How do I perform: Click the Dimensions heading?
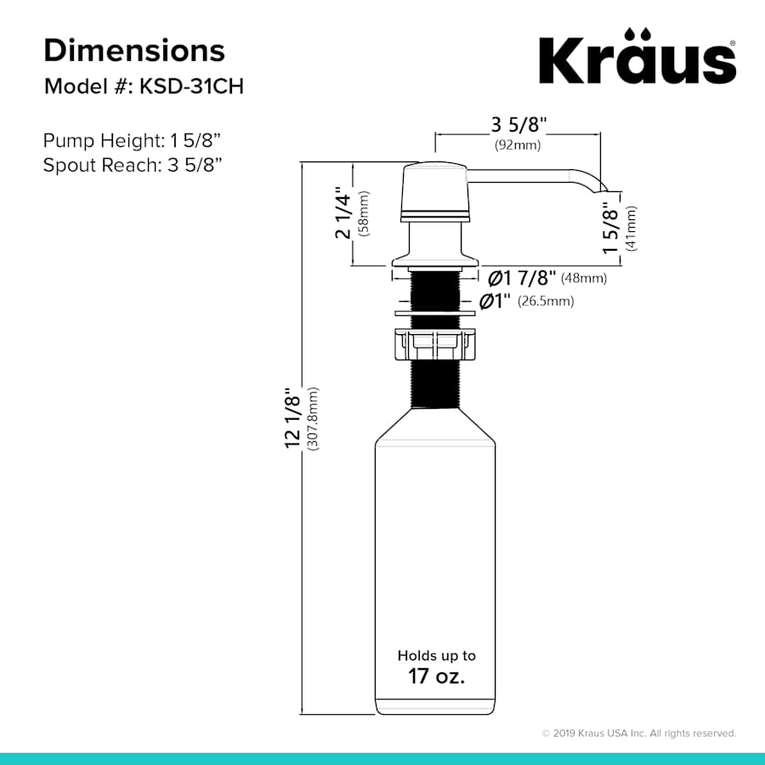(134, 50)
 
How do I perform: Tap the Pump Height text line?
(133, 140)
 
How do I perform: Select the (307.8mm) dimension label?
(314, 422)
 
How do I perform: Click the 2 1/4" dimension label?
(343, 212)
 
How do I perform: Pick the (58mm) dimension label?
(364, 213)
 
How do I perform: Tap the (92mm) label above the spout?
(518, 145)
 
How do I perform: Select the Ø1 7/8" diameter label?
(522, 277)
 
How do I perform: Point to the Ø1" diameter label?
(496, 300)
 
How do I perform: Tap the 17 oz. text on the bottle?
(436, 677)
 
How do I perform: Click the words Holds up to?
(436, 655)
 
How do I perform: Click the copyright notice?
(638, 733)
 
